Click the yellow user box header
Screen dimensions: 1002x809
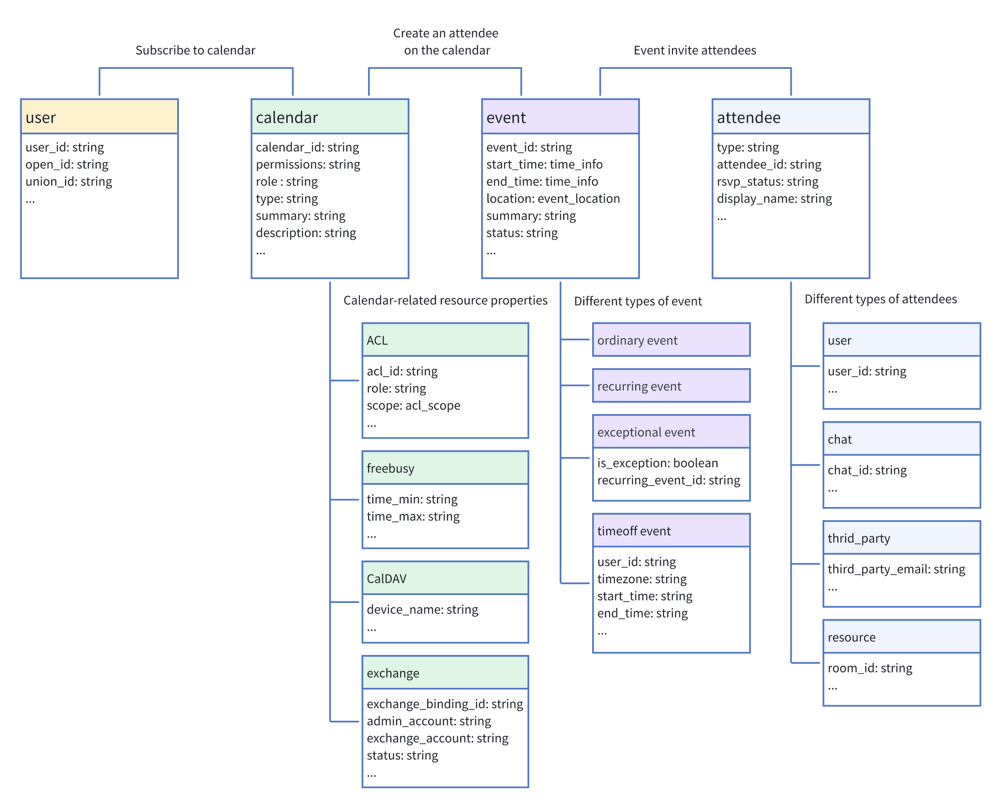(x=99, y=117)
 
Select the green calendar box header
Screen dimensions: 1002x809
(x=329, y=117)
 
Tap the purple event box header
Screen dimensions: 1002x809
(x=560, y=117)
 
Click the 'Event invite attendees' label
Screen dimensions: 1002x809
(x=695, y=50)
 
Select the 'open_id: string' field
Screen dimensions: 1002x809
(x=67, y=165)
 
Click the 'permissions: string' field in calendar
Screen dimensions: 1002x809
(x=308, y=165)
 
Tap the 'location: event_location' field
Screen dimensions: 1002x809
(x=553, y=198)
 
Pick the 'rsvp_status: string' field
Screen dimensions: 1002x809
(x=767, y=181)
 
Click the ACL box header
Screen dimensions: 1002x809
(x=445, y=340)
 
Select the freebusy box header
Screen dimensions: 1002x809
(x=445, y=467)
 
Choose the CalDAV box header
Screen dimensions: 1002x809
(x=445, y=578)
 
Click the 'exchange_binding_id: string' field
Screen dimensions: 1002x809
(x=445, y=704)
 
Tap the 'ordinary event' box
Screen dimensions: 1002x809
(x=671, y=340)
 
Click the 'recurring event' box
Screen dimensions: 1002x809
(x=671, y=385)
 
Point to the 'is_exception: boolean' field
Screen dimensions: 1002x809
(x=657, y=463)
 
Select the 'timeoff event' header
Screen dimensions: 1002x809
(x=671, y=530)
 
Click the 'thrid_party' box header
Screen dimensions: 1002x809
(x=902, y=538)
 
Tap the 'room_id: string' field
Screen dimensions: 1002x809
(x=870, y=668)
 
